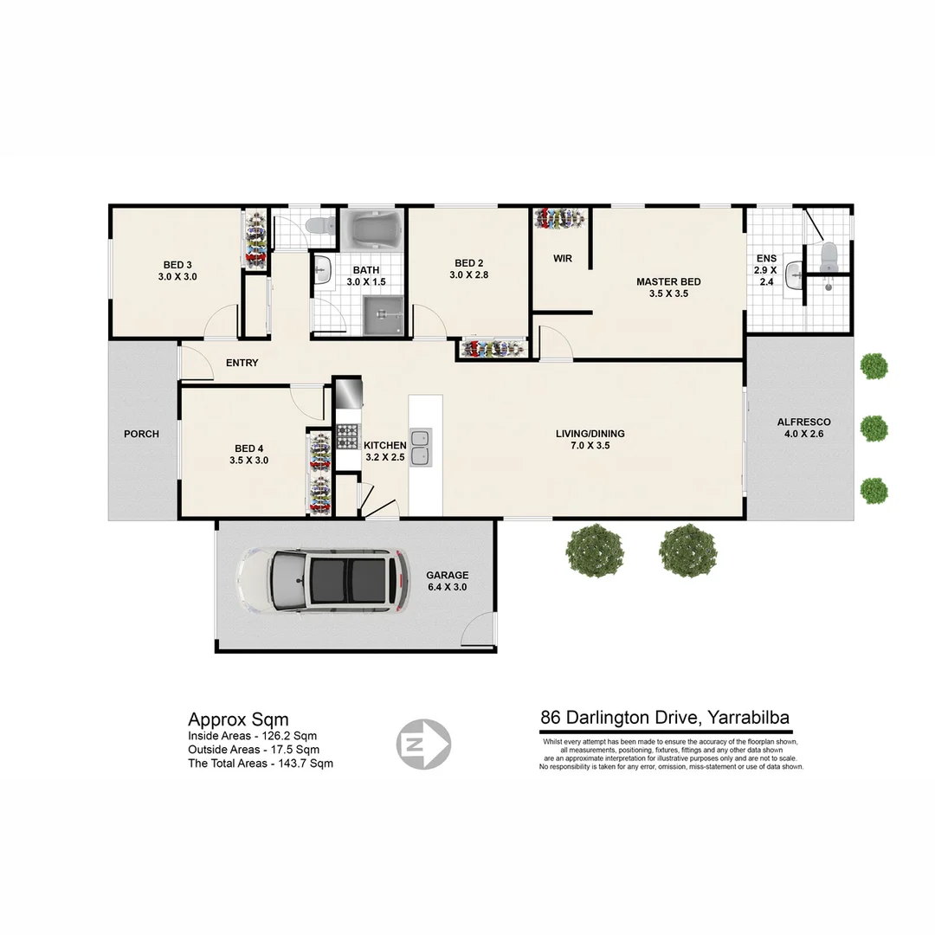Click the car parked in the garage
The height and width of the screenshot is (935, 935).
(x=320, y=582)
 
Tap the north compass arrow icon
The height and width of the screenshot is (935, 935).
(x=423, y=743)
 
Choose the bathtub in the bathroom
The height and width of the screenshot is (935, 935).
(x=373, y=229)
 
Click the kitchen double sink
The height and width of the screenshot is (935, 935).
(x=422, y=447)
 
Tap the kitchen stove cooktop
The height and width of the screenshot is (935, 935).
(x=348, y=435)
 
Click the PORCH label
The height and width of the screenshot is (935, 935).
(x=141, y=434)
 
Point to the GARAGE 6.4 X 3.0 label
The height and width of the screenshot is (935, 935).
(x=447, y=581)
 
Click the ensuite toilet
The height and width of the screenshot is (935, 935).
(x=829, y=255)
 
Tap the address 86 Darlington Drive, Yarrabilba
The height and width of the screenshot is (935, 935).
(x=665, y=717)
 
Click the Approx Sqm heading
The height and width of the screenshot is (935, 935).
(x=238, y=719)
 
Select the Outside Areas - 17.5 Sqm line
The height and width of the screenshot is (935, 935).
(x=254, y=750)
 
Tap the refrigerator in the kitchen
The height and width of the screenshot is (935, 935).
(x=347, y=392)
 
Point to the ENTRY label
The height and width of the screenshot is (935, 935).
(x=242, y=363)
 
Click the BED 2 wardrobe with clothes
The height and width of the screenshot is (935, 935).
(x=492, y=349)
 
